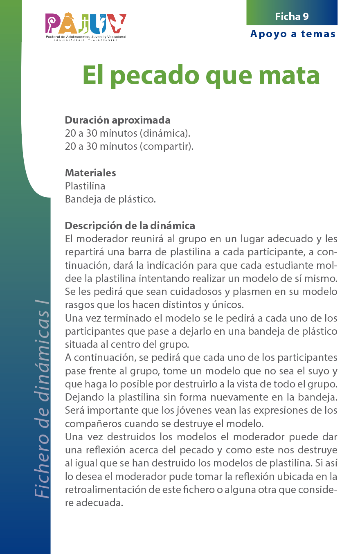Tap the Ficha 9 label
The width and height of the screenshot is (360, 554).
point(292,16)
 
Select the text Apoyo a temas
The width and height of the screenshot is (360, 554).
point(293,34)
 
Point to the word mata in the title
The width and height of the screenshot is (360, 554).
point(291,75)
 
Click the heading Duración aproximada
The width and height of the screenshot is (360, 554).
point(118,120)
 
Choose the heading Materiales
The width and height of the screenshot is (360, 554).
point(90,173)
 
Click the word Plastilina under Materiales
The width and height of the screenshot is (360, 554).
point(85,186)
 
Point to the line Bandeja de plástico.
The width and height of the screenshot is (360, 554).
point(110,199)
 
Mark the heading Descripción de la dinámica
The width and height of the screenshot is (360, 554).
point(130,225)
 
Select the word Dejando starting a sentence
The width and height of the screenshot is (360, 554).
point(85,397)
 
